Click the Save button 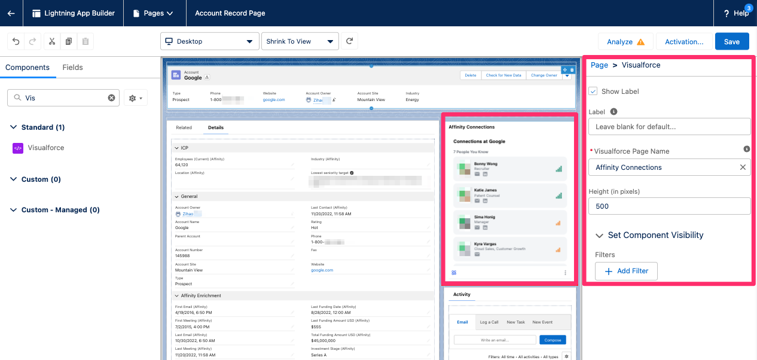pos(732,41)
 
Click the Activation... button pos(684,41)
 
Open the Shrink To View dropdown pos(300,41)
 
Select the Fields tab pos(72,68)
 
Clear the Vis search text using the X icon pos(111,97)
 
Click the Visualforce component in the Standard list pos(45,148)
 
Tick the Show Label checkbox pos(593,91)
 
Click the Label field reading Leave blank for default pos(669,127)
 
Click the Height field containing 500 pos(669,206)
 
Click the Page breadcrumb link pos(599,65)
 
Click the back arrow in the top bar pos(11,13)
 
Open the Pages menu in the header pos(154,13)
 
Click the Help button pos(735,13)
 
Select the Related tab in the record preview pos(184,127)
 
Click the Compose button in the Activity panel pos(553,340)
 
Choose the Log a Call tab pos(489,322)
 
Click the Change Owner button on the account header pos(544,75)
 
